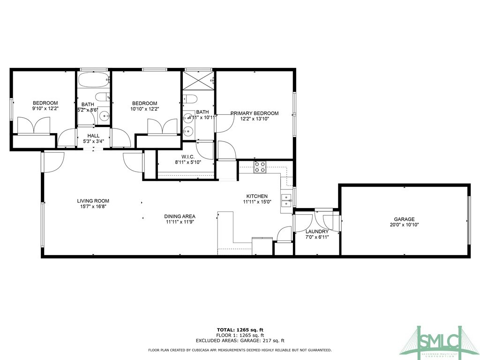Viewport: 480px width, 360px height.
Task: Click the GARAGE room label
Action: (x=404, y=219)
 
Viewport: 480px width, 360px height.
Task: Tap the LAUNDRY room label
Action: (x=317, y=232)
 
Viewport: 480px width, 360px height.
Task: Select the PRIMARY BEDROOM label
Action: (x=254, y=113)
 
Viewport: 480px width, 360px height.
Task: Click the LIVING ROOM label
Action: (x=93, y=201)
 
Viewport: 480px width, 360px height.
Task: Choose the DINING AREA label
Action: (x=180, y=216)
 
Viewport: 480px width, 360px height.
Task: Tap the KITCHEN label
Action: (x=257, y=196)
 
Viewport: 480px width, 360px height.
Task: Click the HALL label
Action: (x=93, y=135)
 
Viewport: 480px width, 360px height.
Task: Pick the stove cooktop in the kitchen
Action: (x=260, y=167)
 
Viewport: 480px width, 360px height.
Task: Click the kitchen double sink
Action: (x=286, y=200)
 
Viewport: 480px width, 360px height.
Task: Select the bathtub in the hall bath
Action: (x=93, y=80)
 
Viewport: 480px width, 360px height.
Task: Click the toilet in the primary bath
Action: (x=190, y=98)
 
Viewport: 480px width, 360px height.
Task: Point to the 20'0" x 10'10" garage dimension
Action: (x=404, y=225)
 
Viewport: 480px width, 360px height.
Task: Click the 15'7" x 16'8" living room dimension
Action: (x=93, y=207)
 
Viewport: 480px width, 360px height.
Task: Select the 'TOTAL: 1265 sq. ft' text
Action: (x=240, y=330)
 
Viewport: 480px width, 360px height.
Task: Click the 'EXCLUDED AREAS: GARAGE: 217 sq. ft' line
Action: (x=240, y=341)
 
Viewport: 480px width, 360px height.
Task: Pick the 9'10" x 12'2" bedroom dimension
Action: (x=45, y=109)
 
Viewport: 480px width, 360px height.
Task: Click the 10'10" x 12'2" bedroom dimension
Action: (x=144, y=109)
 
